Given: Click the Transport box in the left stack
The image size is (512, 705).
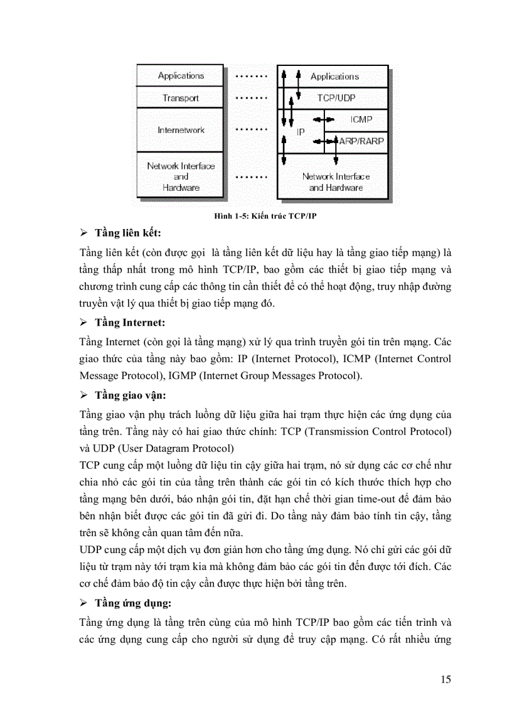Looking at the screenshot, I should [x=181, y=98].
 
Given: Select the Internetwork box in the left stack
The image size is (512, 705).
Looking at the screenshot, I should [x=181, y=130].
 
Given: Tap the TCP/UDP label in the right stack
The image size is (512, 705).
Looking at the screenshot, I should [x=336, y=98].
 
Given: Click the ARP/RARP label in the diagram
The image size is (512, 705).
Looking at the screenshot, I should [x=361, y=142].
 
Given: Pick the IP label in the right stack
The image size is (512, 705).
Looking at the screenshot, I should [x=301, y=133].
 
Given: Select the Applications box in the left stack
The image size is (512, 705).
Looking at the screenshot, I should [x=181, y=75].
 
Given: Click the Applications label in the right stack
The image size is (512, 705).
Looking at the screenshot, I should [x=334, y=76].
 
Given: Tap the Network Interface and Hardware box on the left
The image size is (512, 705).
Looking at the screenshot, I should [x=181, y=176].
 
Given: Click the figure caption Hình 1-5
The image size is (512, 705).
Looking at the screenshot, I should [x=268, y=216].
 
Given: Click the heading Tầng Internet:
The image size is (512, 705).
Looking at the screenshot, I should [x=130, y=323].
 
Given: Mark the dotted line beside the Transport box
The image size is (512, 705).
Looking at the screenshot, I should [x=250, y=98].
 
